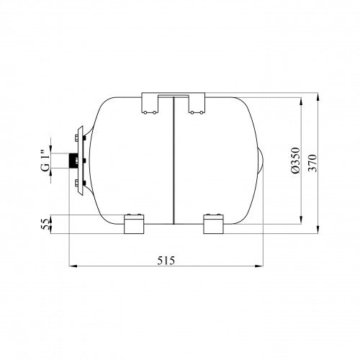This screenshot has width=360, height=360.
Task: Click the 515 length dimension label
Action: [x=166, y=261]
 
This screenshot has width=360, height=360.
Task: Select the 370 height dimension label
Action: [x=312, y=163]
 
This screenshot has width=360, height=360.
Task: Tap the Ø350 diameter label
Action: [x=296, y=160]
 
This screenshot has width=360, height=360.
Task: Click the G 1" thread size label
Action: [x=45, y=161]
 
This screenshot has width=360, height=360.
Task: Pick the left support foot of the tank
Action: [x=134, y=224]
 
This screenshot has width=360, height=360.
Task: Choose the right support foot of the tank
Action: [x=213, y=224]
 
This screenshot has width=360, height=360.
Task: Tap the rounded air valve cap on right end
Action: [x=261, y=161]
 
